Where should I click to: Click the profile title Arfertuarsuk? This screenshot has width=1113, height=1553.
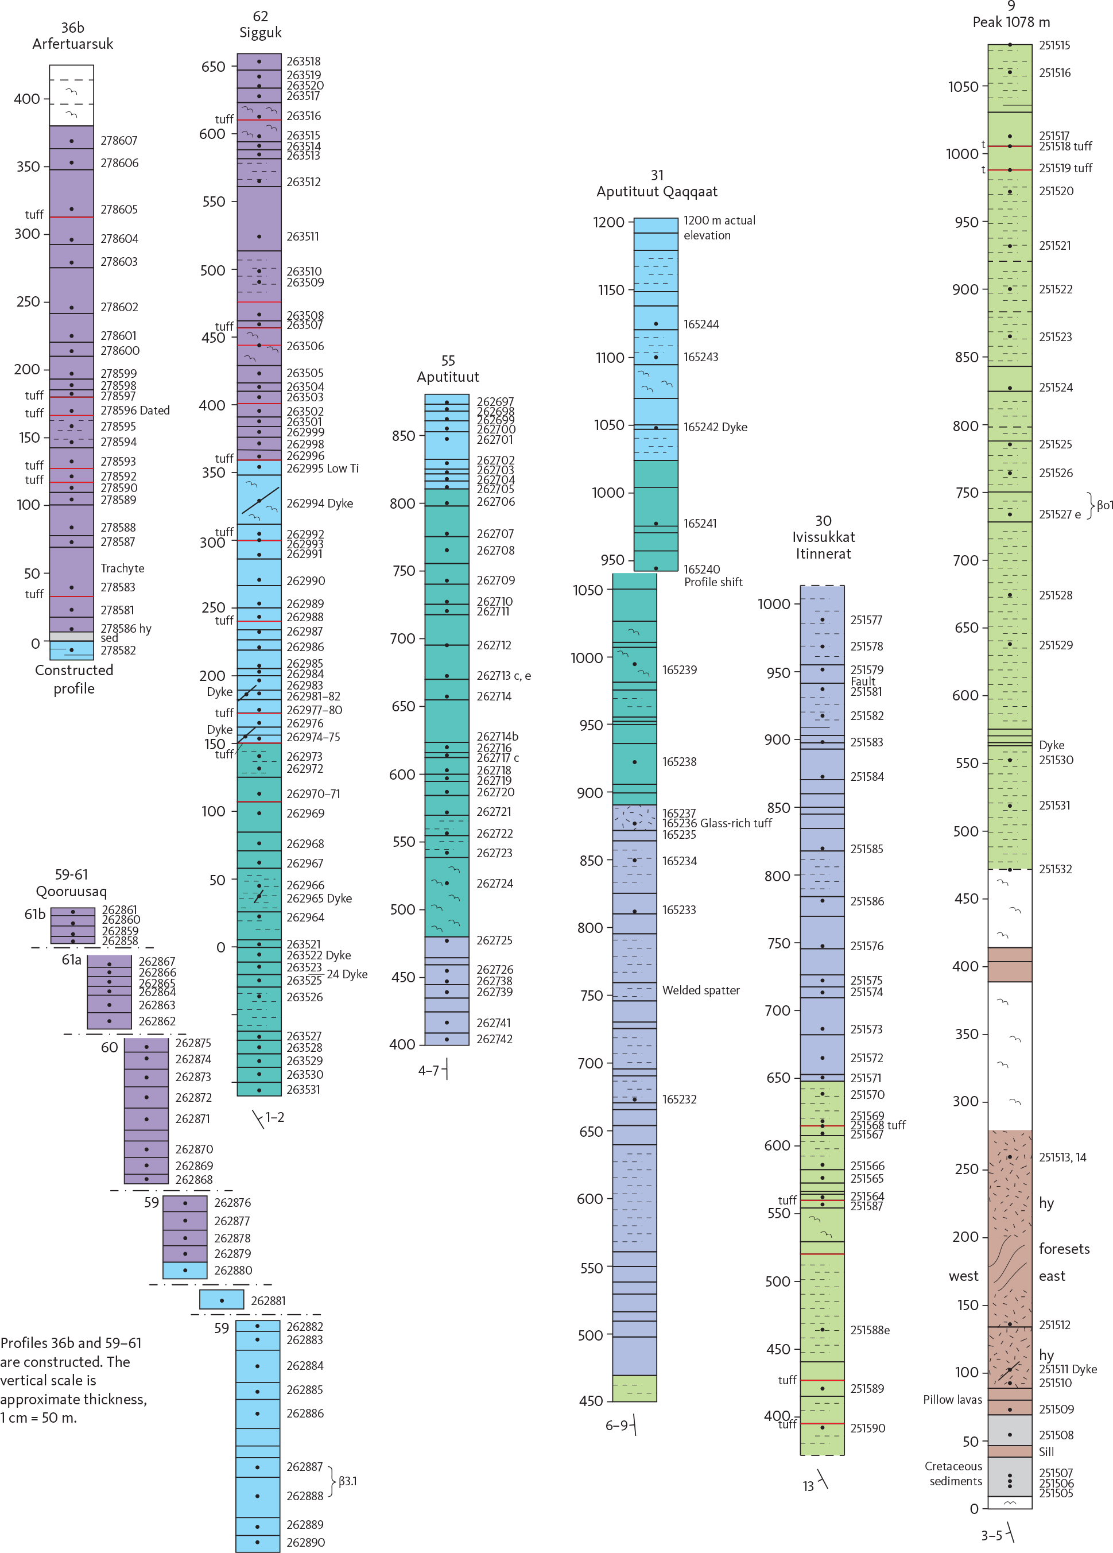click(72, 44)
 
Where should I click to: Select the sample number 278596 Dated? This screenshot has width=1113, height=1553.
click(135, 410)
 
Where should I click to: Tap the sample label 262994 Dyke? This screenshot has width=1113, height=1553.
click(320, 504)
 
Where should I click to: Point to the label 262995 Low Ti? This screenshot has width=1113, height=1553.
click(323, 468)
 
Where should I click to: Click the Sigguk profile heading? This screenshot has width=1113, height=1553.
click(260, 32)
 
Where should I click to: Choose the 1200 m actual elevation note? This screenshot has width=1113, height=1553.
click(719, 227)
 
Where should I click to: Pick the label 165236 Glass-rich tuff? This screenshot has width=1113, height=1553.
click(717, 823)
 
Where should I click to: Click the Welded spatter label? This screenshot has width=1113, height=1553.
click(700, 990)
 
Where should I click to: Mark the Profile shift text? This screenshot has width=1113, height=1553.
click(713, 582)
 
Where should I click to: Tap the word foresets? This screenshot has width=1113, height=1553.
click(1064, 1248)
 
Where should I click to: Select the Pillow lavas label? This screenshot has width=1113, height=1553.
click(952, 1400)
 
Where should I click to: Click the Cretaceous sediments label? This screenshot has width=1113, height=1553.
click(953, 1474)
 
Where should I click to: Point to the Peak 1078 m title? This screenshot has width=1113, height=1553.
click(1011, 22)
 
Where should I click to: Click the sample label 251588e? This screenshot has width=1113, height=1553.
click(870, 1330)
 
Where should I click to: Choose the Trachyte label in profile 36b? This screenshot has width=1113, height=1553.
click(122, 568)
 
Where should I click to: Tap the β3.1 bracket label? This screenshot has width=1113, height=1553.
click(348, 1481)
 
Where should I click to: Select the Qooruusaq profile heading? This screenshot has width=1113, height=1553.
click(71, 891)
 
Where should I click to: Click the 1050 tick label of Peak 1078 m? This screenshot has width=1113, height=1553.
click(963, 87)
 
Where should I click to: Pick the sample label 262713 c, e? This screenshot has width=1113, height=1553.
click(503, 676)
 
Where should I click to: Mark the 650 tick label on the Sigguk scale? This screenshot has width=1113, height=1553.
click(213, 67)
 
